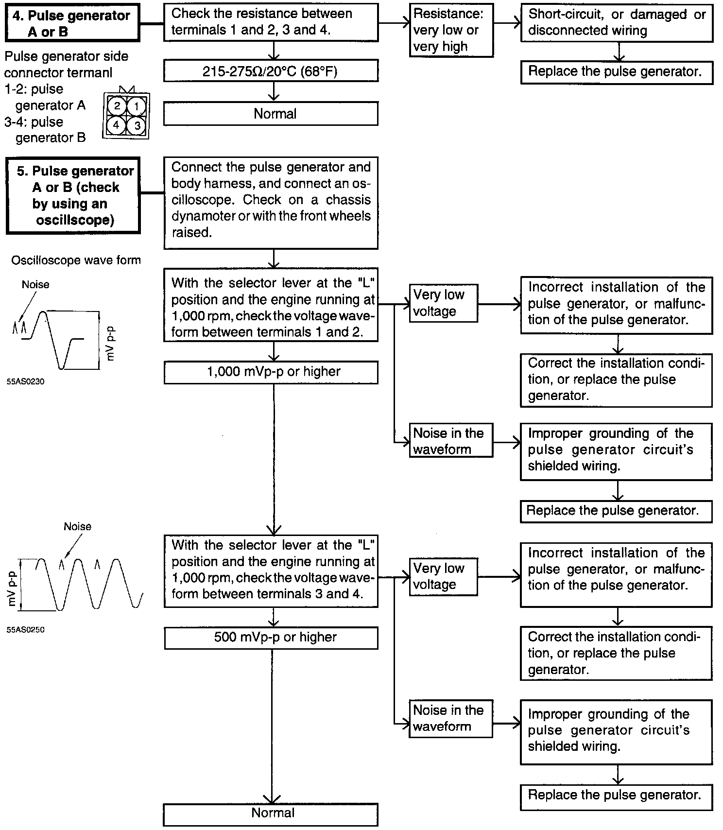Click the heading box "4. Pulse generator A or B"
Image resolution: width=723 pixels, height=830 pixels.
[72, 23]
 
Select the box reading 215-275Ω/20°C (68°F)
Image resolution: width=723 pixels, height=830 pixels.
[271, 71]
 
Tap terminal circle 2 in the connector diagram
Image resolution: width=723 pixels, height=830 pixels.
[117, 106]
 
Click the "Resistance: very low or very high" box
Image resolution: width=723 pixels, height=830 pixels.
[450, 31]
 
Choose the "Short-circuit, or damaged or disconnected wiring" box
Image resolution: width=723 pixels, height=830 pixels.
[616, 23]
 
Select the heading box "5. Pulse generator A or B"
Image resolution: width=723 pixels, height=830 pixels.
[73, 195]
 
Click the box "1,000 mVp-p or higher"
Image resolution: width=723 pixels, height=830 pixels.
[271, 372]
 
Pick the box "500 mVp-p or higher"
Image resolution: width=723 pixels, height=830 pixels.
[271, 638]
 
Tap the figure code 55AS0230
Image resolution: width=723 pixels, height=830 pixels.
[25, 382]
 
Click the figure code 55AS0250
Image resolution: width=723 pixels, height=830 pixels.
[25, 630]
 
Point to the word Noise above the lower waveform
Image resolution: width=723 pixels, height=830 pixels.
[77, 526]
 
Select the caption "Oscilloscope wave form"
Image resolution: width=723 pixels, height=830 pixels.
[76, 260]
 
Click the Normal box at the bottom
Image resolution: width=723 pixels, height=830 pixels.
[271, 813]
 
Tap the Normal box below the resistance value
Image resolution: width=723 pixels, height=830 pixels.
[271, 114]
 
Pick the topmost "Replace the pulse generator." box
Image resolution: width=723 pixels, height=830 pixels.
[616, 72]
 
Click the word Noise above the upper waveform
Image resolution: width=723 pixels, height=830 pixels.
[35, 284]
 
